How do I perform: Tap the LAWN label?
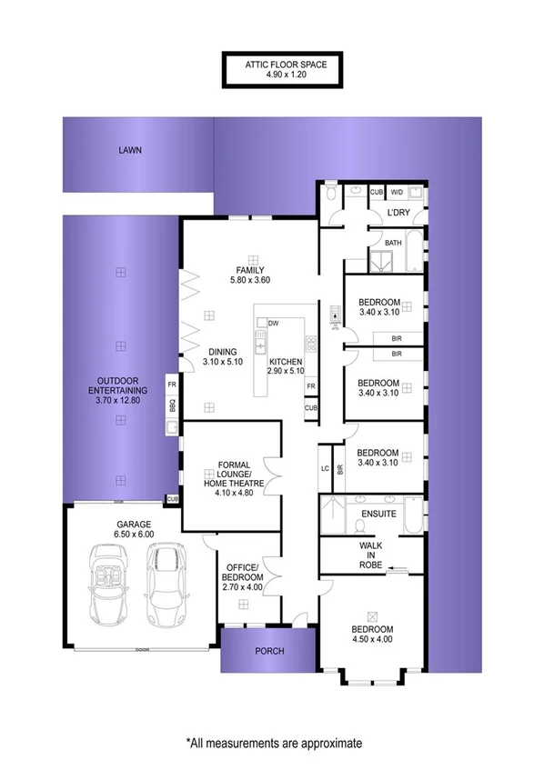130,151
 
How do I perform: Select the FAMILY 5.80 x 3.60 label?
249,275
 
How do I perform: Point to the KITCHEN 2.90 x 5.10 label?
285,365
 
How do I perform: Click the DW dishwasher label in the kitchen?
273,323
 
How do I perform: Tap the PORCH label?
270,651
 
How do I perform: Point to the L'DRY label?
398,213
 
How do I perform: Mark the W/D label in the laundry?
397,192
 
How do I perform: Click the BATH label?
393,243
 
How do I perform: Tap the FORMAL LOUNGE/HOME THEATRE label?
227,475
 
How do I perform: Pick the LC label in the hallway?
325,469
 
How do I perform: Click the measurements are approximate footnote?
274,743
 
